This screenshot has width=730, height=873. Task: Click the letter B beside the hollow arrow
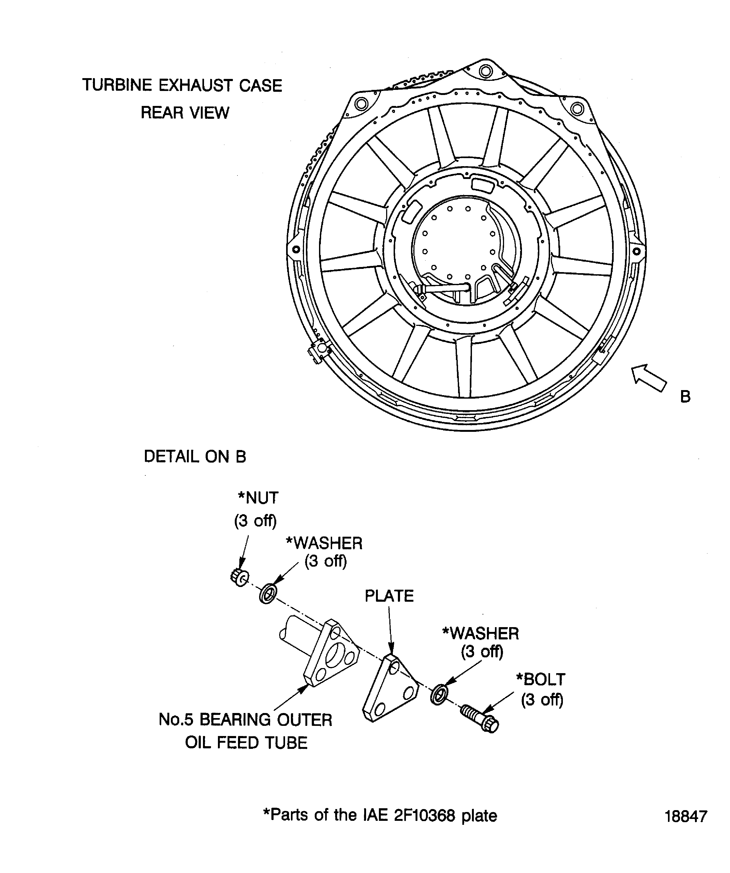685,397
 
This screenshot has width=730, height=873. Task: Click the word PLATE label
389,596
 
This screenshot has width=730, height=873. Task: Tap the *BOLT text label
540,679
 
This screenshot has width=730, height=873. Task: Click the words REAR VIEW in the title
185,113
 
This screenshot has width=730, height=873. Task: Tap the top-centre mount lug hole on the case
485,71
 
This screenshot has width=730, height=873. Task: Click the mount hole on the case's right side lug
636,251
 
